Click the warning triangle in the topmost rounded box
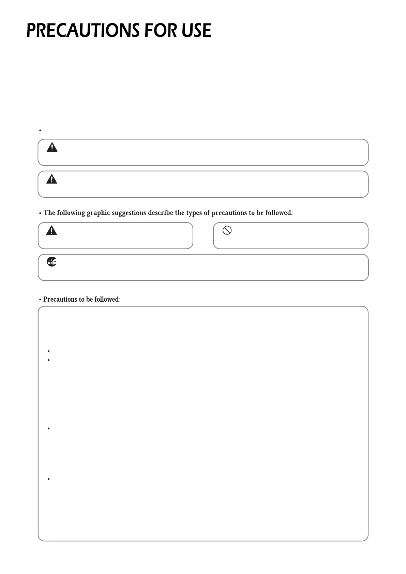(x=52, y=147)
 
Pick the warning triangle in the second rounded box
(x=52, y=179)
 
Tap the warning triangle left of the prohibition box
(x=51, y=230)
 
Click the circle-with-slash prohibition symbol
(x=227, y=230)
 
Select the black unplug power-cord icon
(x=52, y=262)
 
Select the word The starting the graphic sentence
(x=49, y=213)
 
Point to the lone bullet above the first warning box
(x=40, y=131)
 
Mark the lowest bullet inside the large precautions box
(x=49, y=479)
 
